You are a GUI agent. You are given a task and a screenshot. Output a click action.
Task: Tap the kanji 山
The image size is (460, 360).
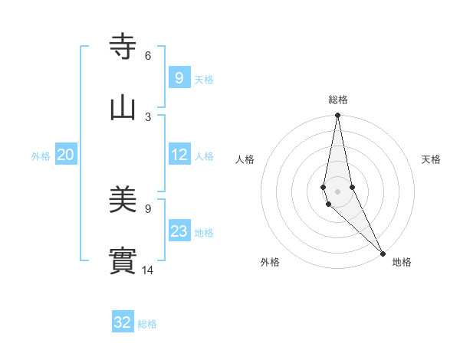pyautogui.click(x=123, y=107)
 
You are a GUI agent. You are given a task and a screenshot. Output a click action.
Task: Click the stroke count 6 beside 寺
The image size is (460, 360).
pyautogui.click(x=148, y=55)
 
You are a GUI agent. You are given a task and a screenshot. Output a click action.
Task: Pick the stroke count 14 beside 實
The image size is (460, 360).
pyautogui.click(x=148, y=270)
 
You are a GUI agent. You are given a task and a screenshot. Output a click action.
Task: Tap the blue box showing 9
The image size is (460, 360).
pyautogui.click(x=179, y=77)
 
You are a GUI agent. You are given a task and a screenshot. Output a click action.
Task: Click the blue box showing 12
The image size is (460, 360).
pyautogui.click(x=179, y=155)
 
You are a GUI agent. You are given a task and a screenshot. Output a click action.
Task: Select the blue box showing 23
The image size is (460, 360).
pyautogui.click(x=179, y=231)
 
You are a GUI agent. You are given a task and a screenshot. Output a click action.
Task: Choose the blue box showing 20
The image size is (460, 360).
pyautogui.click(x=66, y=155)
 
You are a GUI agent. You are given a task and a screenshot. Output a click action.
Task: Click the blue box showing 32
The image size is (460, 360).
pyautogui.click(x=123, y=322)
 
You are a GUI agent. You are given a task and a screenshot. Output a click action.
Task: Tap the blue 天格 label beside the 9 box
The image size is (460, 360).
pyautogui.click(x=204, y=79)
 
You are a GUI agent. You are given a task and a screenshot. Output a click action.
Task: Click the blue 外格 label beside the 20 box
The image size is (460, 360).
pyautogui.click(x=41, y=155)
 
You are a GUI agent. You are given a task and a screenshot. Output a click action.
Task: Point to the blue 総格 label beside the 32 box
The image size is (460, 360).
pyautogui.click(x=147, y=324)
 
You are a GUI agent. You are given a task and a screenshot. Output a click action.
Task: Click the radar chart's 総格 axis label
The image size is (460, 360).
pyautogui.click(x=338, y=100)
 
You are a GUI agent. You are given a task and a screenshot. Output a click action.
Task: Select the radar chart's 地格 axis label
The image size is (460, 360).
pyautogui.click(x=402, y=263)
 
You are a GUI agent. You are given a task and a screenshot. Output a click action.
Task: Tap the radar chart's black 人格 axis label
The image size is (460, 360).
pyautogui.click(x=245, y=159)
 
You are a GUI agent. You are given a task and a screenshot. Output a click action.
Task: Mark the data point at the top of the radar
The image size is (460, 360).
pyautogui.click(x=337, y=116)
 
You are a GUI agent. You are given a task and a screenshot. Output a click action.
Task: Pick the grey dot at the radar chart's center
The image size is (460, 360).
pyautogui.click(x=337, y=191)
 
